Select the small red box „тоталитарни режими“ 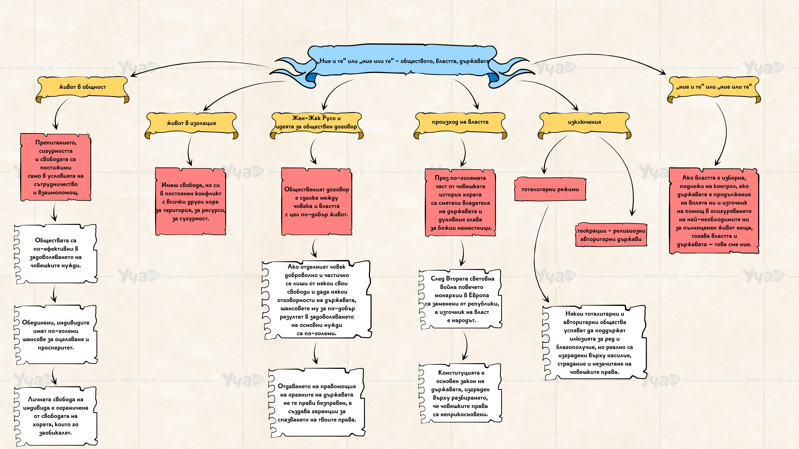pos(550,189)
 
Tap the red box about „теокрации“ pos(611,235)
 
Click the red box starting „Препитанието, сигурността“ pos(55,167)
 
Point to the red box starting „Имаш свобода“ pos(190,201)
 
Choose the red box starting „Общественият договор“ pos(317,201)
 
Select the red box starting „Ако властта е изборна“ pos(714,211)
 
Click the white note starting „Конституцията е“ pos(461,393)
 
